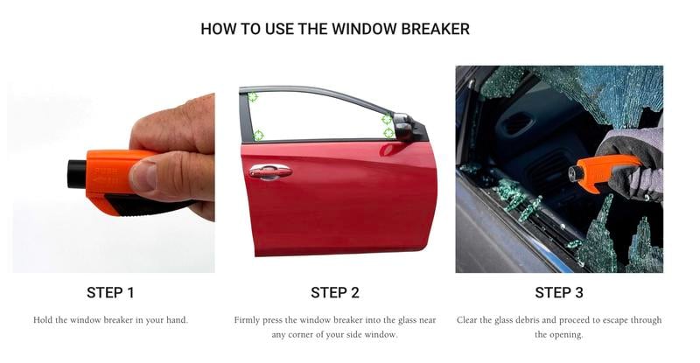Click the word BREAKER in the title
(435, 29)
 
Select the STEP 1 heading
(110, 292)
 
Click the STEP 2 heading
(335, 292)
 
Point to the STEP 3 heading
(559, 292)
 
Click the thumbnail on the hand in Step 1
(143, 176)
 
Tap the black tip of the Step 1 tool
(77, 174)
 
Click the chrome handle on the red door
(270, 172)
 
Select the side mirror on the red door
(403, 126)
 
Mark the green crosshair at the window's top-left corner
(253, 96)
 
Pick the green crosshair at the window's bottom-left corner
(258, 135)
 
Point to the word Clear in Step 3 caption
(466, 320)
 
